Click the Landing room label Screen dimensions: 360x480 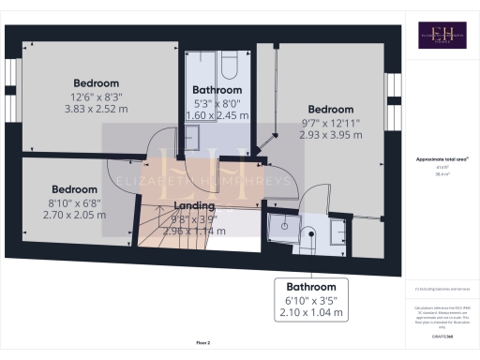pyautogui.click(x=195, y=206)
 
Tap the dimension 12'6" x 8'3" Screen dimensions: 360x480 pyautogui.click(x=95, y=96)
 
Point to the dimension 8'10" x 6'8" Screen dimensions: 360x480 pyautogui.click(x=74, y=202)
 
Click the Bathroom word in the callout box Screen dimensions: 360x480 pyautogui.click(x=311, y=287)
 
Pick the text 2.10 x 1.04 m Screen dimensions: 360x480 pyautogui.click(x=311, y=313)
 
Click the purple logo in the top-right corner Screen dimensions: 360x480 pyautogui.click(x=441, y=37)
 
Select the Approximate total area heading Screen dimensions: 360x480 pyautogui.click(x=442, y=159)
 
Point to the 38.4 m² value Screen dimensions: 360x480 pyautogui.click(x=442, y=174)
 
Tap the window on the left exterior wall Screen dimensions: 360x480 pyautogui.click(x=14, y=103)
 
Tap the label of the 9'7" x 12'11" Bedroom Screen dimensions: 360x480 pyautogui.click(x=331, y=109)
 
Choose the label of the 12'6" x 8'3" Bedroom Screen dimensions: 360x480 pyautogui.click(x=95, y=82)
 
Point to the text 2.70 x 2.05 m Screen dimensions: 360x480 pyautogui.click(x=74, y=215)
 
